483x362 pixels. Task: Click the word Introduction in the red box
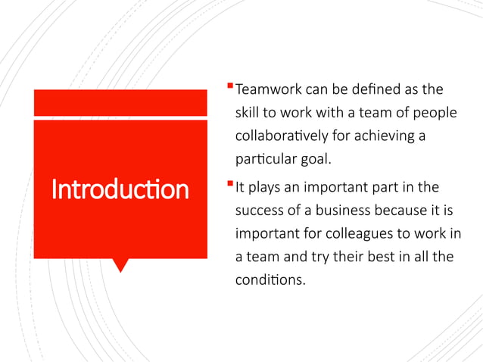click(120, 189)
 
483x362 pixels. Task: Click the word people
click(435, 113)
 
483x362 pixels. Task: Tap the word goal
click(317, 160)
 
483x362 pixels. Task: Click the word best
click(381, 256)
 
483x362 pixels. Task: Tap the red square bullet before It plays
click(229, 181)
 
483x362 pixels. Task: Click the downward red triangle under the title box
click(120, 265)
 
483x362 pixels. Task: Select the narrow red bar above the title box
click(120, 102)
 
